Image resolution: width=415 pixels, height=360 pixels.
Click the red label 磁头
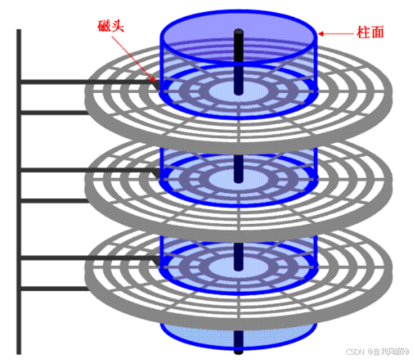[x=113, y=26]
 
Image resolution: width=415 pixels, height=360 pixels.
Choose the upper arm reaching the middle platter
[x=85, y=171]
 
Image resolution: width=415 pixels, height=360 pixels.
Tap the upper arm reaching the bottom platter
[x=85, y=258]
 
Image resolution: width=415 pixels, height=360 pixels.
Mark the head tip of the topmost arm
[x=157, y=84]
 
